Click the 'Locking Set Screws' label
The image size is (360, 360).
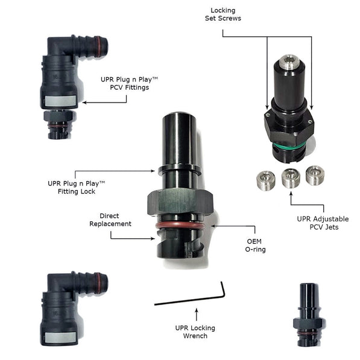tap(223, 14)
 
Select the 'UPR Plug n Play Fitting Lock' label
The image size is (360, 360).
tap(76, 186)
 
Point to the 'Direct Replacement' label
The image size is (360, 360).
tap(110, 219)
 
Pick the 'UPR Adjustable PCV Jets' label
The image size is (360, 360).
tap(323, 223)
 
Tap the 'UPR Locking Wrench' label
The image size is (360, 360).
tap(195, 332)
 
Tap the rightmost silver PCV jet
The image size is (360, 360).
tap(314, 175)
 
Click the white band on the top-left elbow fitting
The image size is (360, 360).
tap(61, 101)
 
